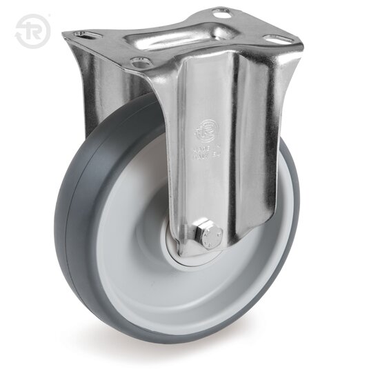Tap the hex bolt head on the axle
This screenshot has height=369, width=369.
[207, 235]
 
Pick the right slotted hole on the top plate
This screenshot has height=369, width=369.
[278, 40]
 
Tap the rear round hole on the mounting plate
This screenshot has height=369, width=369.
[220, 13]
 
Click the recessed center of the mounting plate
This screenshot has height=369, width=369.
[181, 37]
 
